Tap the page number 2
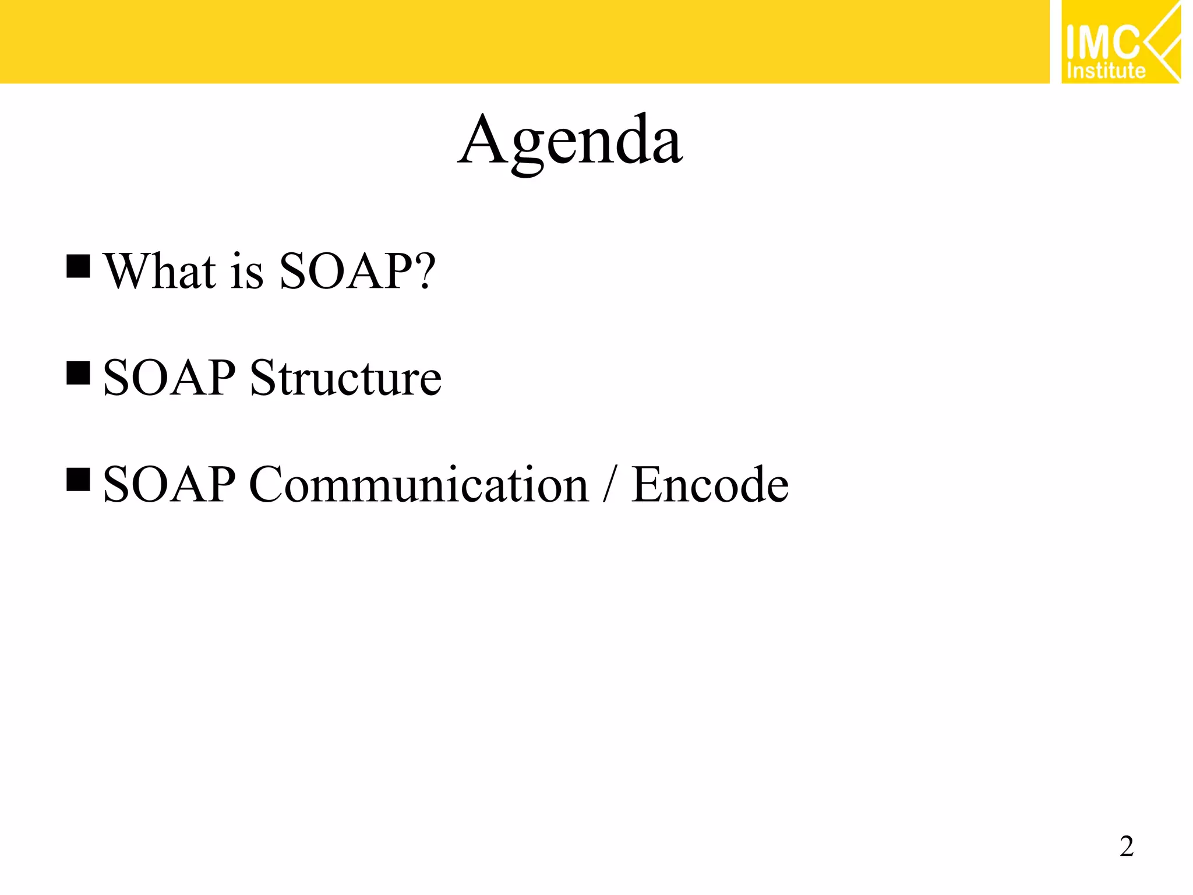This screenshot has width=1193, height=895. click(1126, 846)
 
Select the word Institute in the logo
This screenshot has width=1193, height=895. click(1106, 71)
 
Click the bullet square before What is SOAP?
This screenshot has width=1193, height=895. click(78, 266)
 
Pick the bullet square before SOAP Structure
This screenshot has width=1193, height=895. click(78, 373)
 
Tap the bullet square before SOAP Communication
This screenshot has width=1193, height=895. click(78, 480)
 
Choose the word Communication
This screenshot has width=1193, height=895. click(418, 485)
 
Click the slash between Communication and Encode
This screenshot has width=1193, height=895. click(609, 485)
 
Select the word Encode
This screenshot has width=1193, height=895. click(710, 485)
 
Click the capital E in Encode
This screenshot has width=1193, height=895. click(646, 485)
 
